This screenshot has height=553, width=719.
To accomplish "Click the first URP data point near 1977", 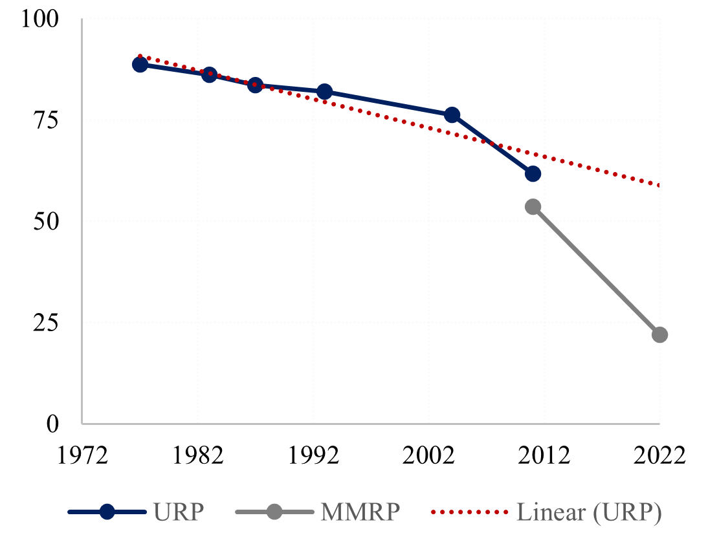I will (x=140, y=64).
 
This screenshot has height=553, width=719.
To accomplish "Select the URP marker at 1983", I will (x=209, y=74).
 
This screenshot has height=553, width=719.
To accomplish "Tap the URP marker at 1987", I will (x=255, y=85).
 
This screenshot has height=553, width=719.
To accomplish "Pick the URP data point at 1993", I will (x=325, y=91).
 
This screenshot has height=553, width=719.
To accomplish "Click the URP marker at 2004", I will (x=452, y=114).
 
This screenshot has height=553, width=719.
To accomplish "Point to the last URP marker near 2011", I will (x=533, y=173).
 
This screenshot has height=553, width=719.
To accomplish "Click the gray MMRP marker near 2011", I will (x=533, y=206).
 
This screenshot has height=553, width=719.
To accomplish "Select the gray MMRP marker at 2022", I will (x=659, y=334).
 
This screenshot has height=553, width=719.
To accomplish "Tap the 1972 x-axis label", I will (x=82, y=454).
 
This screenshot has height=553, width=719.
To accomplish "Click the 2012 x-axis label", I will (x=544, y=454).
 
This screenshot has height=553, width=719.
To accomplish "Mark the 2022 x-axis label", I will (x=659, y=454).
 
